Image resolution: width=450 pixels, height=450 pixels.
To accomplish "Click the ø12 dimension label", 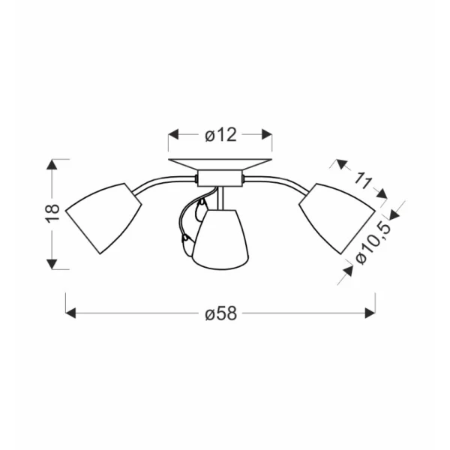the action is [220, 135].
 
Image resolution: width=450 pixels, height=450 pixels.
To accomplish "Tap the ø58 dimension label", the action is [221, 313].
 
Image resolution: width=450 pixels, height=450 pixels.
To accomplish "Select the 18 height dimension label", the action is [52, 213].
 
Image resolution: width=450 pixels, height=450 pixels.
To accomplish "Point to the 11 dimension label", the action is [363, 181].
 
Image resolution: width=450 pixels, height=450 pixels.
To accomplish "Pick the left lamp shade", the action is [103, 218].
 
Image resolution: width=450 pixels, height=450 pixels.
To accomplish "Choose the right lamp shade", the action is [337, 218].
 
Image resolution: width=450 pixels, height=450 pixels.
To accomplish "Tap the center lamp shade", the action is [220, 240].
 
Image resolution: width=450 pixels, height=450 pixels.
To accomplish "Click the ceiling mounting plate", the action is [220, 164].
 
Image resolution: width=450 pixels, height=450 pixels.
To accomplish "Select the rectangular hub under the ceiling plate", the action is [220, 178].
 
